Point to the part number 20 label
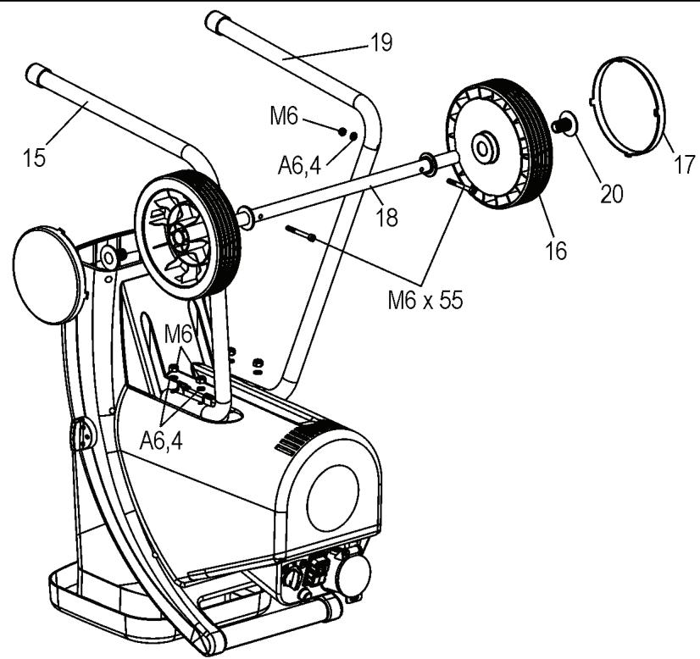tap(611, 193)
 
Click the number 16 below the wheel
tap(555, 252)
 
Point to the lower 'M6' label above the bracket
tap(179, 335)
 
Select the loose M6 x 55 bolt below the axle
tap(301, 233)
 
